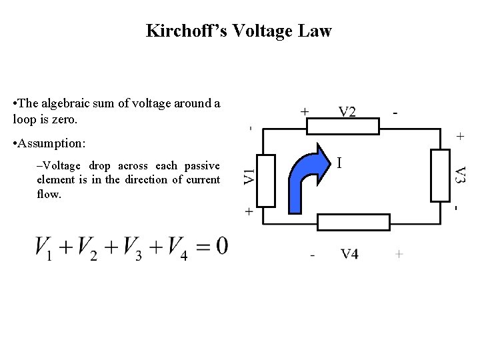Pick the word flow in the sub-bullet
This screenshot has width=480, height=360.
click(x=48, y=194)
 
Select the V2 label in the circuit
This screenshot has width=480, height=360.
click(x=347, y=112)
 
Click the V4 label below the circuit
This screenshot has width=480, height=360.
click(x=350, y=254)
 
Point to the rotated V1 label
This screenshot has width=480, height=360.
click(x=249, y=176)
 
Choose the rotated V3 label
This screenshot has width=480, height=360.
click(x=460, y=175)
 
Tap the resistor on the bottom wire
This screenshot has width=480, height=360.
click(x=353, y=222)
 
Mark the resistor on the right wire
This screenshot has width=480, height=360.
click(x=441, y=175)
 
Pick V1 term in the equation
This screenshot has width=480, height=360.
click(x=44, y=249)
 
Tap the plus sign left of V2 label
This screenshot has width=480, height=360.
click(x=305, y=112)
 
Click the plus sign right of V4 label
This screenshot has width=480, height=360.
click(x=399, y=254)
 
